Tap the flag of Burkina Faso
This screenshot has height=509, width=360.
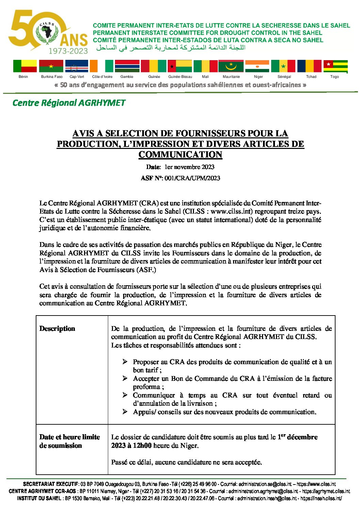pos(51,66)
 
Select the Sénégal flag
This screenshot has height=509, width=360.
pos(283,66)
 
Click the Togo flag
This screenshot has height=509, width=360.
pos(335,66)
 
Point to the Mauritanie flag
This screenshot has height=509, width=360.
pos(231,66)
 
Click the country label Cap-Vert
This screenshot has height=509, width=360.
pos(77,77)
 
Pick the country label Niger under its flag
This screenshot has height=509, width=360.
pos(258,77)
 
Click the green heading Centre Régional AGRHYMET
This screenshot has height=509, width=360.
pos(69,103)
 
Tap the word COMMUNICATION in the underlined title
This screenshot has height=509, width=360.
pos(180,155)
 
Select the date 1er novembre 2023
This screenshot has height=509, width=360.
pos(189,167)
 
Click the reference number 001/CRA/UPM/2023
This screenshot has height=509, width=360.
pos(192,178)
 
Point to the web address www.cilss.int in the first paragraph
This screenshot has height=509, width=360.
pos(231,211)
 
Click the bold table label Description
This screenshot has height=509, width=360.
pos(57,329)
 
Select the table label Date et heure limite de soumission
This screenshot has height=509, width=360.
pos(69,441)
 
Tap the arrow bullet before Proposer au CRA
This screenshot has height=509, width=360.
pos(125,362)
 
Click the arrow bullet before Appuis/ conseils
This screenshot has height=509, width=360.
pos(125,412)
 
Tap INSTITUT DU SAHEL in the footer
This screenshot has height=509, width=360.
pos(39,498)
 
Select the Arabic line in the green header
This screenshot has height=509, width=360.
pos(170,48)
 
